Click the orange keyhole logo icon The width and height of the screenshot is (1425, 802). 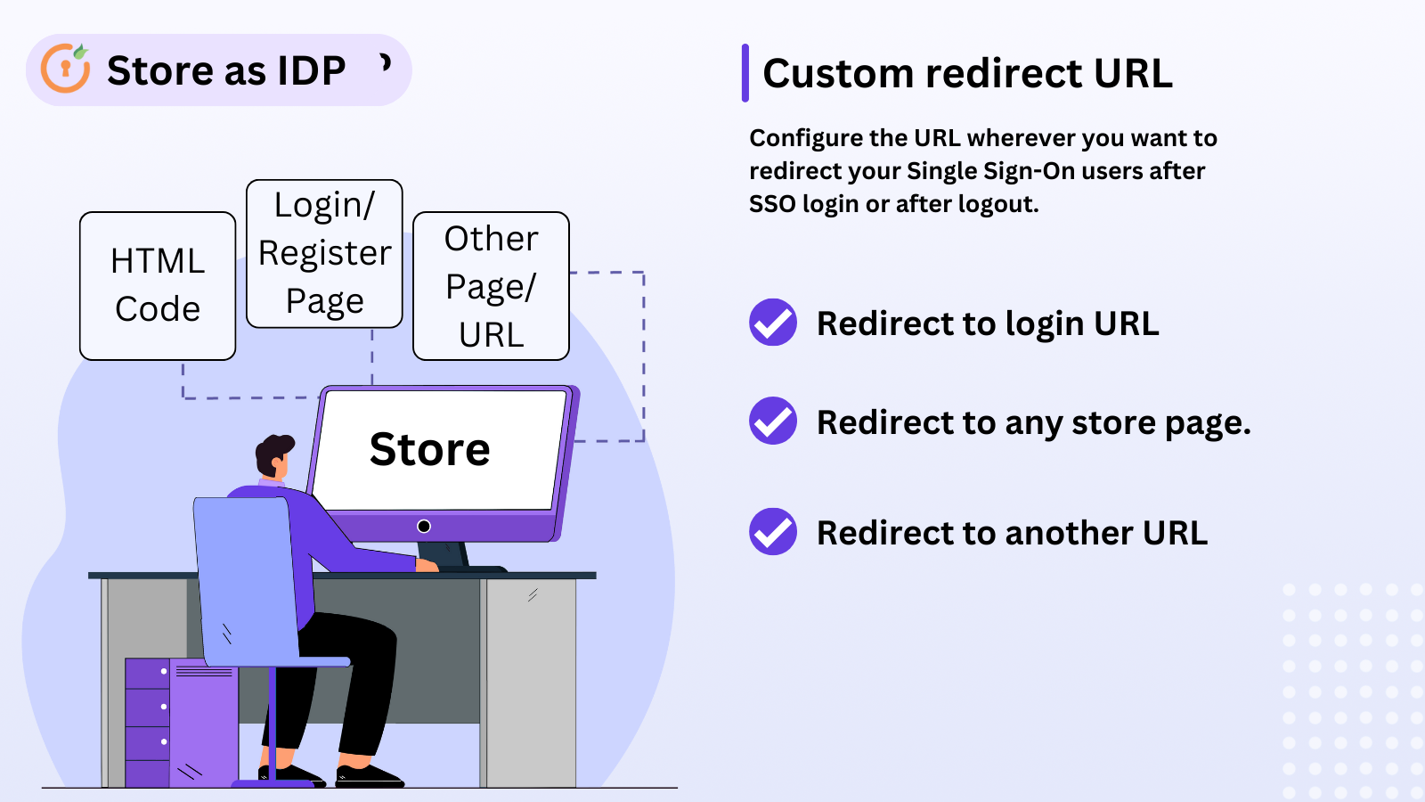(66, 69)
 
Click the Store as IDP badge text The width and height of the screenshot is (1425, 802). (226, 70)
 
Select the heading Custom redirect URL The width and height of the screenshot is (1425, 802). (967, 73)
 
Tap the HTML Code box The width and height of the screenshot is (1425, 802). (158, 285)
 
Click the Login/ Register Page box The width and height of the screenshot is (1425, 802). (324, 254)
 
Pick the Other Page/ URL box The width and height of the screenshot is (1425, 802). (491, 286)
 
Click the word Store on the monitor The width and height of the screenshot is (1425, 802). (429, 449)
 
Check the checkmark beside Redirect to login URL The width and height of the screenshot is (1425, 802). (772, 323)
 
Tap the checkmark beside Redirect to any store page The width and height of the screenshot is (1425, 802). (772, 421)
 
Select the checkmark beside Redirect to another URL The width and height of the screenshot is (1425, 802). (772, 532)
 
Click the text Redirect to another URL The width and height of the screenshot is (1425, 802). (1012, 533)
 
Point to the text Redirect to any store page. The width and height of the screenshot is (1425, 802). (1033, 422)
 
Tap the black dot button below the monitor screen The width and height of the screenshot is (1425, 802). (424, 526)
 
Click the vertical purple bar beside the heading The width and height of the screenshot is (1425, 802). (745, 73)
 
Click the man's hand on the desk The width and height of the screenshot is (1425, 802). (427, 565)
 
